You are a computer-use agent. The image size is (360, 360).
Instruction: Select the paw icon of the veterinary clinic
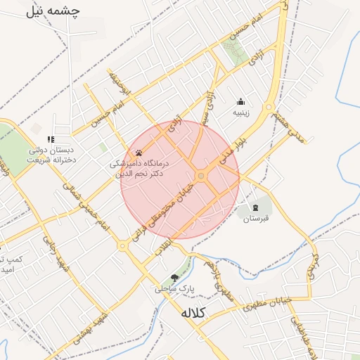click(x=139, y=153)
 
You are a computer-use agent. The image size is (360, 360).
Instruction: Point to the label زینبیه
click(x=241, y=112)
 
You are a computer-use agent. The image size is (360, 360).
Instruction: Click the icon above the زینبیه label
click(x=241, y=101)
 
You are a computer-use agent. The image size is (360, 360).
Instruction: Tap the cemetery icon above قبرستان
click(x=256, y=207)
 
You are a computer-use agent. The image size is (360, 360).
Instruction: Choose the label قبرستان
click(x=256, y=219)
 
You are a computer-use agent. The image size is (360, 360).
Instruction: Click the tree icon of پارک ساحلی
click(x=174, y=278)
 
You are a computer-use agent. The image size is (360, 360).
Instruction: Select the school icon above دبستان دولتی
click(x=50, y=140)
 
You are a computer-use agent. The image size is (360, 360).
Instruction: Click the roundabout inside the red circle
click(x=201, y=176)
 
